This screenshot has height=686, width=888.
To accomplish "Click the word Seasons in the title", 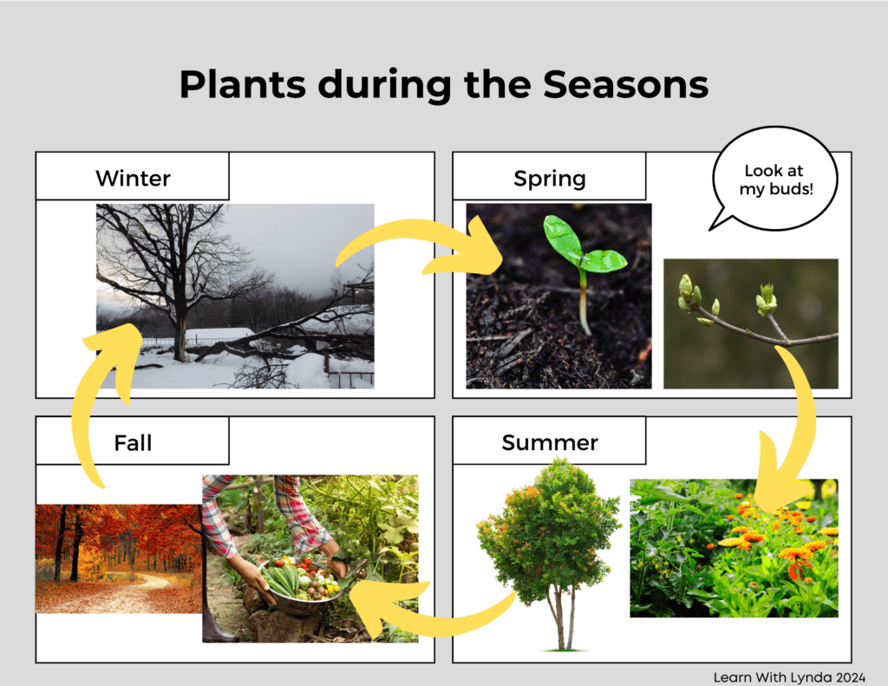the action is pyautogui.click(x=626, y=84).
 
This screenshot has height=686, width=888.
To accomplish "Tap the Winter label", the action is pyautogui.click(x=133, y=179).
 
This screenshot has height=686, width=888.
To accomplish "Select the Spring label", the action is pyautogui.click(x=550, y=179).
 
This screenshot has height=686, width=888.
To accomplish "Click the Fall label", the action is pyautogui.click(x=133, y=443).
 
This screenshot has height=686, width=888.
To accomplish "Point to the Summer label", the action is pyautogui.click(x=550, y=442).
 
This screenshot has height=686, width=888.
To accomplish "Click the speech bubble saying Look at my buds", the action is pyautogui.click(x=775, y=179).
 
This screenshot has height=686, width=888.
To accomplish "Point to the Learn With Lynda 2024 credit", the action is pyautogui.click(x=789, y=677).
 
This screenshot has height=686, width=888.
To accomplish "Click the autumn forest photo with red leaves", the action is pyautogui.click(x=119, y=559).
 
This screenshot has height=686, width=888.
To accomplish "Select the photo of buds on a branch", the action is pyautogui.click(x=751, y=323).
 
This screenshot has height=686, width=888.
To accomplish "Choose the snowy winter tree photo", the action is pyautogui.click(x=235, y=296).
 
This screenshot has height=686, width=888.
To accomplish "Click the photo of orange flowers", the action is pyautogui.click(x=734, y=548).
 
